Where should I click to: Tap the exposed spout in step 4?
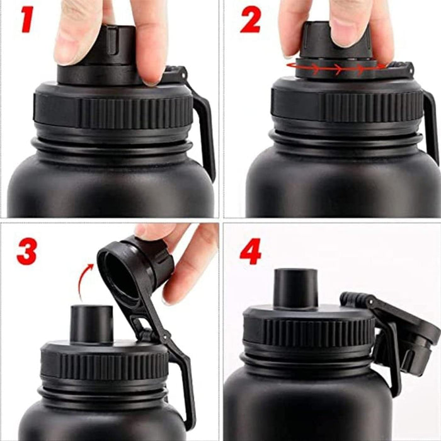point(295,289)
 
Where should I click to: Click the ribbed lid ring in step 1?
point(113,111)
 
